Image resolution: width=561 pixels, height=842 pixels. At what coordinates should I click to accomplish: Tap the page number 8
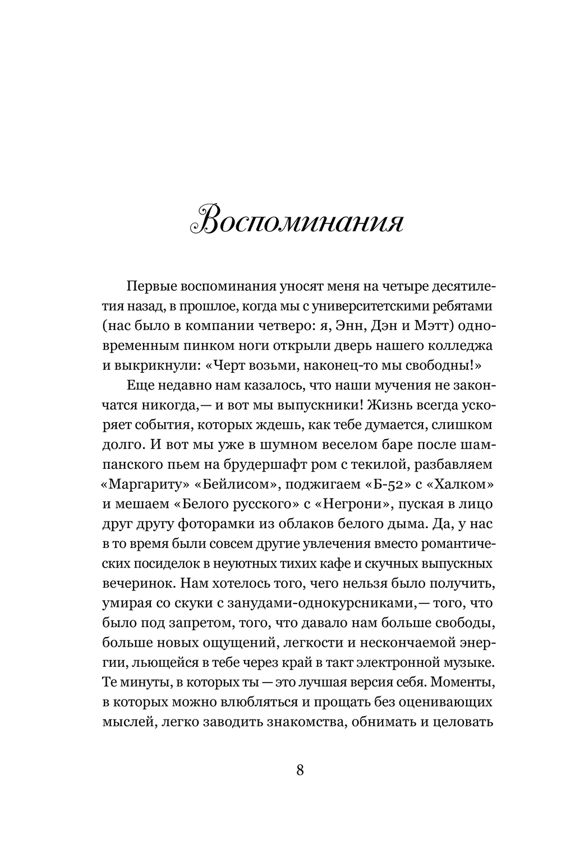300,770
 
